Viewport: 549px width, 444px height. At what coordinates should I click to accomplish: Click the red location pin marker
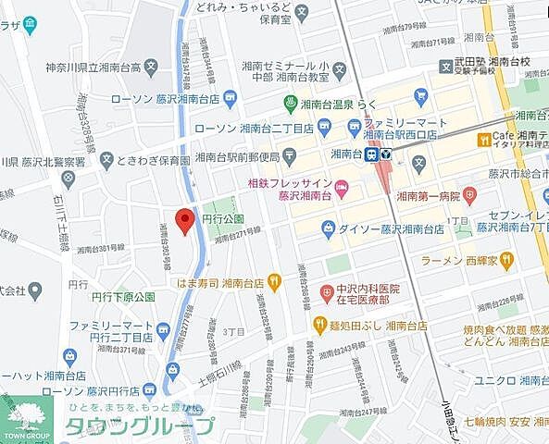point(183,222)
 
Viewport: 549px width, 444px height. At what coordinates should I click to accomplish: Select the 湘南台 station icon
point(378,154)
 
